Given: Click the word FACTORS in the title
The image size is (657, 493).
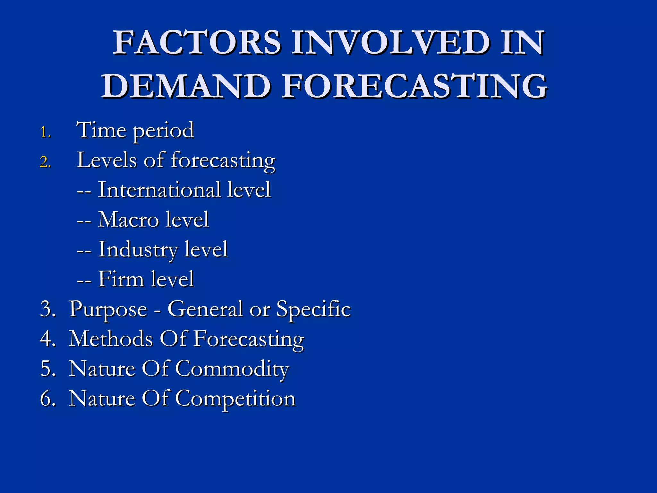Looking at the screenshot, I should pyautogui.click(x=197, y=42).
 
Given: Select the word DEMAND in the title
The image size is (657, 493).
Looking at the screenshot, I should pyautogui.click(x=186, y=86).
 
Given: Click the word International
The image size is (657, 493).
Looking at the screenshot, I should pyautogui.click(x=159, y=189).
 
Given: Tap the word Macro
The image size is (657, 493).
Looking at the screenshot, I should pyautogui.click(x=128, y=220).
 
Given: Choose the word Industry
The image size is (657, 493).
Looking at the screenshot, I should pyautogui.click(x=138, y=250).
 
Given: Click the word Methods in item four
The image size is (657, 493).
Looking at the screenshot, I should pyautogui.click(x=111, y=339).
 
